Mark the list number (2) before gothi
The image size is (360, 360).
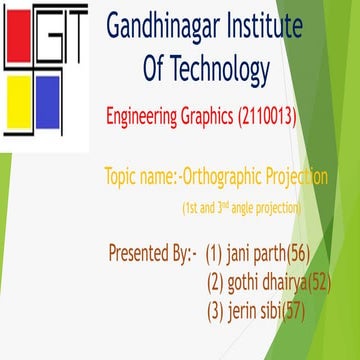coord(214,281)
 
